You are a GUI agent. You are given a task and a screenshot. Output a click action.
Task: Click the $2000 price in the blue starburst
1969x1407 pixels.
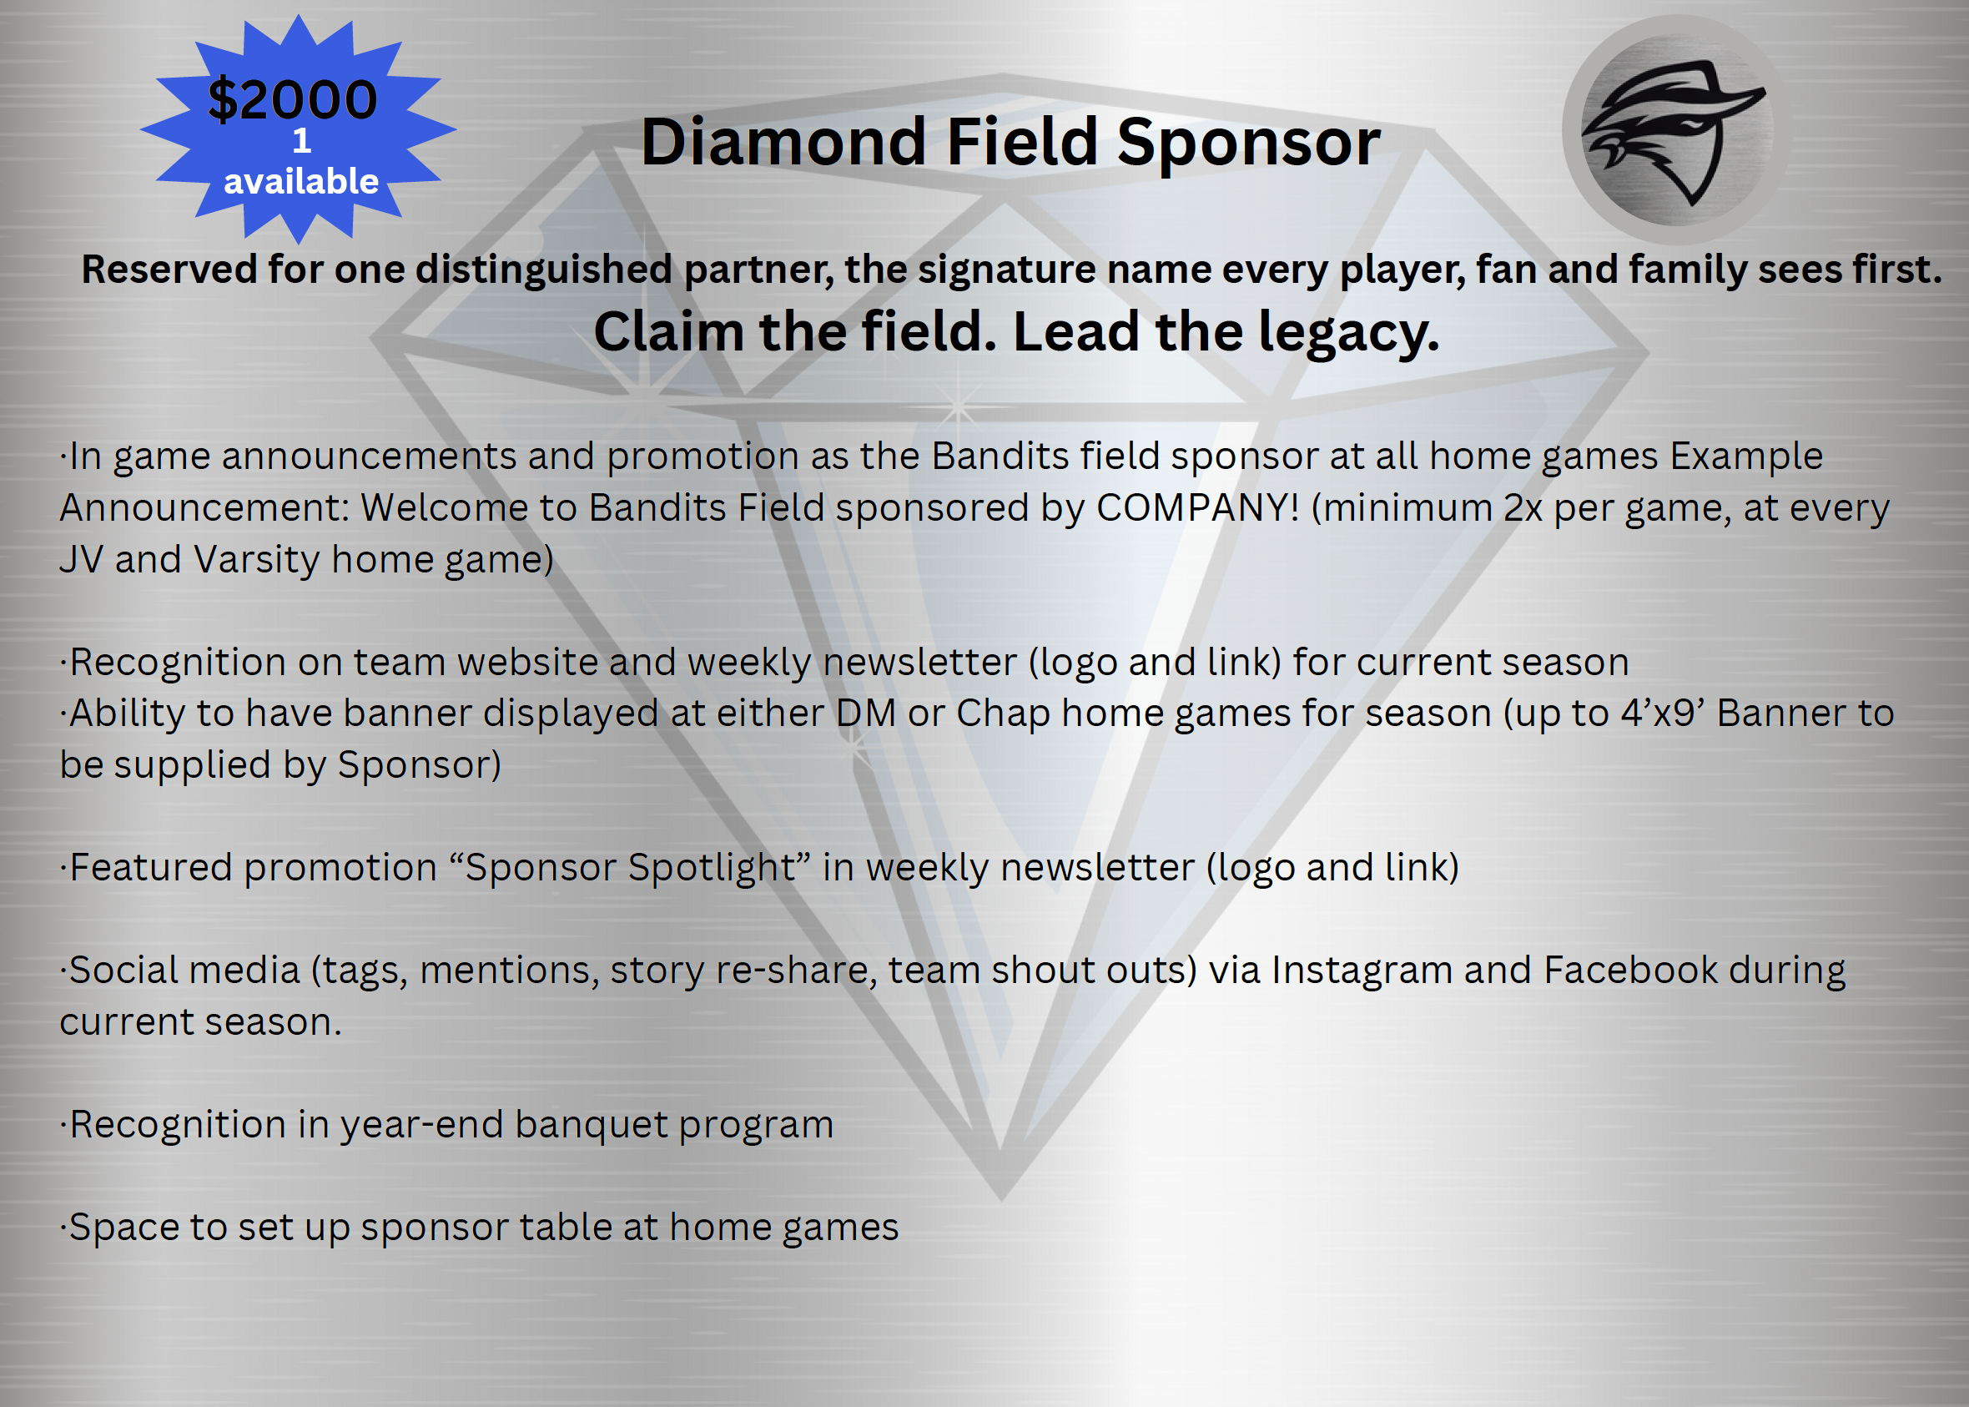pos(292,98)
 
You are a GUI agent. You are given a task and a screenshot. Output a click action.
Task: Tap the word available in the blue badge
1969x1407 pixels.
pos(300,181)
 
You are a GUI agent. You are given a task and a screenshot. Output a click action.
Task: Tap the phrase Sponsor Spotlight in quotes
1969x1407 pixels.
pos(630,867)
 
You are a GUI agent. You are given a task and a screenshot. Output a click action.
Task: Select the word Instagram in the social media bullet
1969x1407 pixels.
pos(1362,971)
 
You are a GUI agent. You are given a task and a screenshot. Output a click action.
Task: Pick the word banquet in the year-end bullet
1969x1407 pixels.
pos(591,1125)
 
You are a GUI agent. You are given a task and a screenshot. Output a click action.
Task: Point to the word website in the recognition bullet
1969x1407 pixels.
pos(527,662)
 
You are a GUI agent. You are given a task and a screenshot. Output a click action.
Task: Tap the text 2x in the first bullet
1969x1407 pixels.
pos(1523,507)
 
